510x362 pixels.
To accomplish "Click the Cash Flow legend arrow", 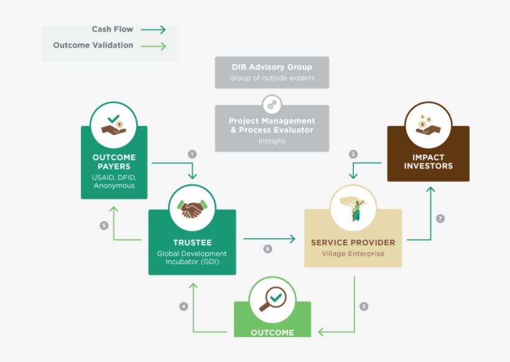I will pyautogui.click(x=153, y=29).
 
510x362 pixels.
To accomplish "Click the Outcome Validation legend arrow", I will pyautogui.click(x=153, y=45).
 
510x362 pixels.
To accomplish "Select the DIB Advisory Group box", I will pyautogui.click(x=272, y=72).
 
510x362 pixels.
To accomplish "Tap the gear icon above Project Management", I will pyautogui.click(x=272, y=104).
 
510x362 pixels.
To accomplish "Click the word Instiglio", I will pyautogui.click(x=272, y=141).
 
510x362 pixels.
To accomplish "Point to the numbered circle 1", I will pyautogui.click(x=192, y=153).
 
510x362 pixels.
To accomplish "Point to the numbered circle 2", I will pyautogui.click(x=353, y=154).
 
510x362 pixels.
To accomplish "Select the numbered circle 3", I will pyautogui.click(x=364, y=306).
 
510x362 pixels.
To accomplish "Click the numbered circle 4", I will pyautogui.click(x=183, y=306).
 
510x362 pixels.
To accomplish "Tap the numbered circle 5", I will pyautogui.click(x=104, y=226).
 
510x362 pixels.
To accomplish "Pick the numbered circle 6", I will pyautogui.click(x=267, y=249).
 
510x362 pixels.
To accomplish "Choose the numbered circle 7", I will pyautogui.click(x=440, y=219).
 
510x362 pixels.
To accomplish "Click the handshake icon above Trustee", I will pyautogui.click(x=192, y=209).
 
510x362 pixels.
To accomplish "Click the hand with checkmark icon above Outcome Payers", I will pyautogui.click(x=114, y=125).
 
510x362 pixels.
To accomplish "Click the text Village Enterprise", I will pyautogui.click(x=353, y=254).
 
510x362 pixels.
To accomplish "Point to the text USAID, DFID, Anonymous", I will pyautogui.click(x=114, y=181).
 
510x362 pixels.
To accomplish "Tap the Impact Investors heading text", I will pyautogui.click(x=428, y=161).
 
